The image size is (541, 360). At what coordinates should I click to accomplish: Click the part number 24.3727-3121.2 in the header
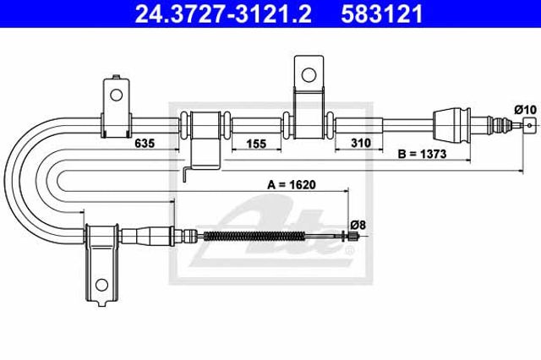pyautogui.click(x=223, y=14)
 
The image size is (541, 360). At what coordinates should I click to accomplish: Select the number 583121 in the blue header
pyautogui.click(x=382, y=14)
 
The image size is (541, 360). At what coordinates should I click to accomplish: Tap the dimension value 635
pyautogui.click(x=145, y=143)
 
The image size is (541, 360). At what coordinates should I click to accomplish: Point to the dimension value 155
pyautogui.click(x=256, y=143)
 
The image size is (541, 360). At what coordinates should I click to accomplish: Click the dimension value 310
pyautogui.click(x=361, y=143)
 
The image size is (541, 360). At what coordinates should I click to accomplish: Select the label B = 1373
pyautogui.click(x=423, y=154)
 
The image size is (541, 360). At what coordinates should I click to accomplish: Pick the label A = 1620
pyautogui.click(x=292, y=185)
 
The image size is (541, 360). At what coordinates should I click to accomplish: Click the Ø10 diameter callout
pyautogui.click(x=526, y=110)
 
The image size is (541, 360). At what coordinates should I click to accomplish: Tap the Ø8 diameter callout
pyautogui.click(x=358, y=226)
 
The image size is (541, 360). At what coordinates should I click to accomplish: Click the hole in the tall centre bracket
pyautogui.click(x=309, y=75)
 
